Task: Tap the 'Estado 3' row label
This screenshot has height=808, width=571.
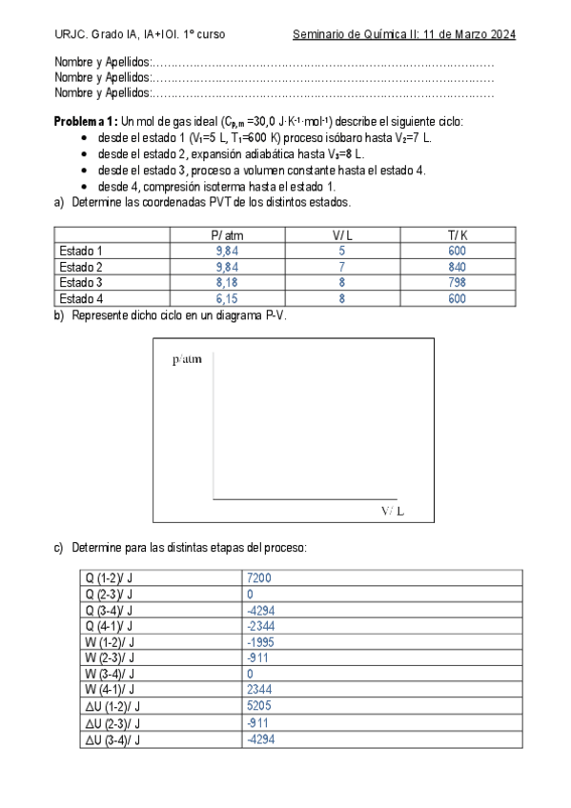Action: pos(81,282)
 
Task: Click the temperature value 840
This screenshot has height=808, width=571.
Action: pos(458,267)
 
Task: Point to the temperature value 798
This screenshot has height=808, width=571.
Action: pos(458,282)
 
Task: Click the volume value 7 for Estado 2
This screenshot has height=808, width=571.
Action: pos(341,267)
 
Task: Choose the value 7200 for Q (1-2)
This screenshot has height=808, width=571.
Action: pos(259,577)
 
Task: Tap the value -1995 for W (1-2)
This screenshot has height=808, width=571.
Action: pos(260,641)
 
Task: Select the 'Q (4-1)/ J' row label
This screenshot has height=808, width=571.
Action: pos(109,626)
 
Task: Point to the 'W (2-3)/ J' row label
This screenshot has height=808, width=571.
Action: pos(109,657)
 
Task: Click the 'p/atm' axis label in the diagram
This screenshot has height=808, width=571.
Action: pos(187,359)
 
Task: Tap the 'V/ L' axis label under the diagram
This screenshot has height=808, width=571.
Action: pos(392,511)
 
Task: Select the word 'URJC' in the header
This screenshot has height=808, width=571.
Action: pos(71,34)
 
